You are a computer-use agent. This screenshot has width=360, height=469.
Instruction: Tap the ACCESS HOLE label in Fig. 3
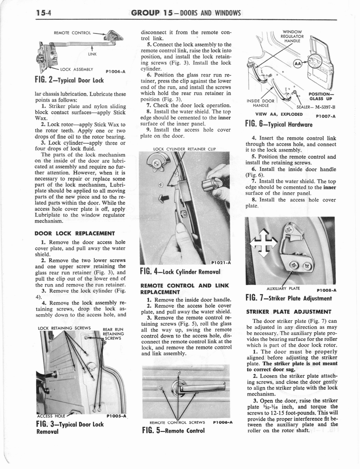(x=51, y=416)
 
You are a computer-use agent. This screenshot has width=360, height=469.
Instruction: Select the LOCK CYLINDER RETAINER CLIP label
(x=185, y=149)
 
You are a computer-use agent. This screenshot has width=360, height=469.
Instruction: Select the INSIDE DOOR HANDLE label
(x=261, y=103)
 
